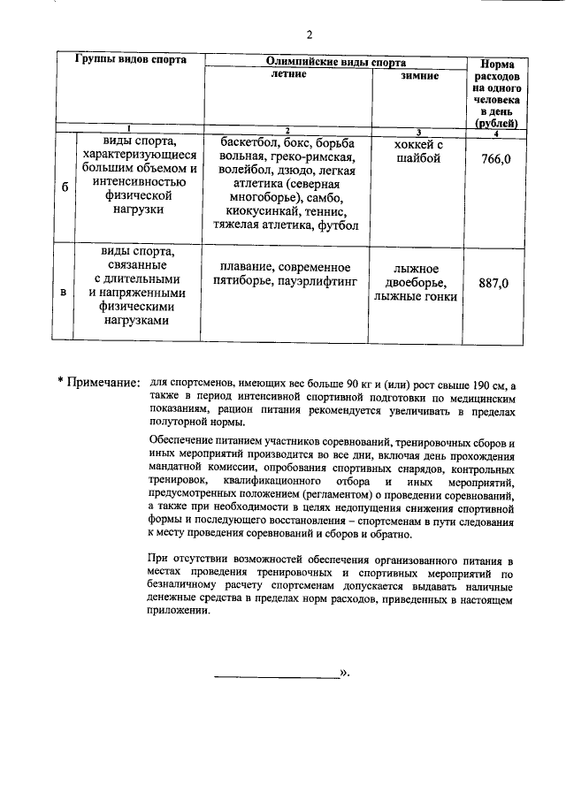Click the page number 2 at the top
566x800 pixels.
(x=309, y=35)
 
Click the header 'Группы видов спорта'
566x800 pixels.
(x=130, y=61)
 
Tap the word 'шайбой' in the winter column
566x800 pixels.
(x=416, y=159)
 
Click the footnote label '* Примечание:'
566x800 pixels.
(x=99, y=382)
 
